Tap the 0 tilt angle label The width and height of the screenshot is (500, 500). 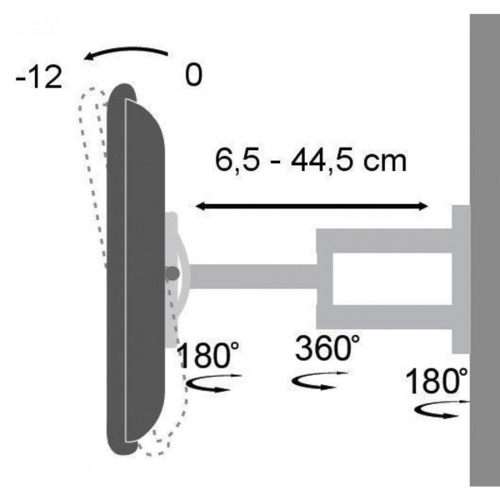click(193, 76)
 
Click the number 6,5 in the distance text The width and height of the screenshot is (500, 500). click(235, 159)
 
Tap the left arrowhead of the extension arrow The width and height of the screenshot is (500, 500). click(200, 204)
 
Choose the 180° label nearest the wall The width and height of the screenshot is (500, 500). click(436, 382)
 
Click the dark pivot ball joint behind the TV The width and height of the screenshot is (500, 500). click(172, 272)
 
